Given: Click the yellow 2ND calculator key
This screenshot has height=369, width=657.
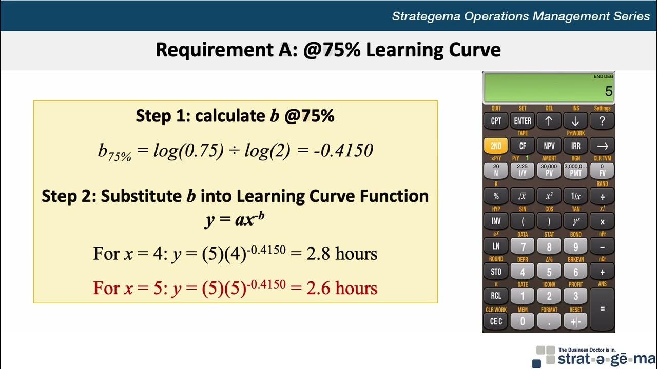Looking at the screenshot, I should click(496, 146).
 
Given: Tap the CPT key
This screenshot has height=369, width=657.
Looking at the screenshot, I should click(496, 121).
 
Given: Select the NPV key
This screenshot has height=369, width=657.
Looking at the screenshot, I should click(549, 146).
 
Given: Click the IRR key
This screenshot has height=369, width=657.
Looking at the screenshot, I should click(576, 146).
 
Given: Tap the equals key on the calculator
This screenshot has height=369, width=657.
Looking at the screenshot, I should click(602, 309).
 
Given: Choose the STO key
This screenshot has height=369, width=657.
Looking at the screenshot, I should click(496, 272).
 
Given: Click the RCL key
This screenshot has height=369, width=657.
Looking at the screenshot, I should click(496, 296).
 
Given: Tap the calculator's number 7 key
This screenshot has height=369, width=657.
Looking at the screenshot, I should click(523, 247).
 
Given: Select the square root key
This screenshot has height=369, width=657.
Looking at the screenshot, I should click(523, 196).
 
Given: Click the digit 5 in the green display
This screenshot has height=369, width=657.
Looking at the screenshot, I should click(609, 92).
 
